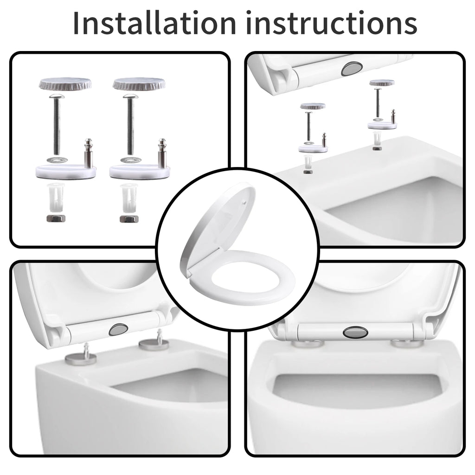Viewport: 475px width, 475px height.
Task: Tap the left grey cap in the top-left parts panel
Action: [x=64, y=84]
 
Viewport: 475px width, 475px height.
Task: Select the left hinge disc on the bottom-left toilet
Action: [x=81, y=358]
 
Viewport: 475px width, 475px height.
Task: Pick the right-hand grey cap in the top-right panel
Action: [x=381, y=83]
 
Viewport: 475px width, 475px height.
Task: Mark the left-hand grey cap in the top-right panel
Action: [x=312, y=106]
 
